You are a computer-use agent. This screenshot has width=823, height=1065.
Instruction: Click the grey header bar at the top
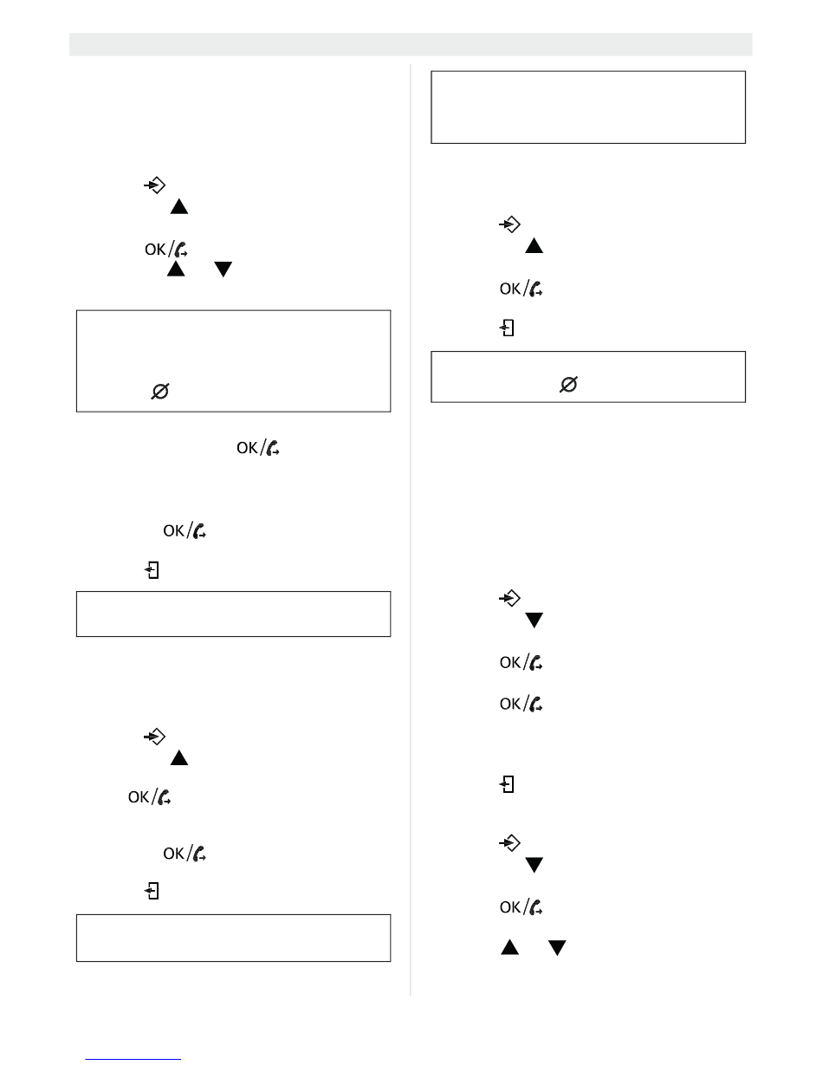click(411, 44)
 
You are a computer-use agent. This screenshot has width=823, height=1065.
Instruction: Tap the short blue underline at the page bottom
click(134, 1058)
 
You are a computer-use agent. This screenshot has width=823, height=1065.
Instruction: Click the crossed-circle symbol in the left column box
click(160, 393)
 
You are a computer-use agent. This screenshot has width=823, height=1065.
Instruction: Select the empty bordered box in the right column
click(588, 107)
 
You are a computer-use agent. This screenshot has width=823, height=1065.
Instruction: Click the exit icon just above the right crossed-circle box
click(508, 329)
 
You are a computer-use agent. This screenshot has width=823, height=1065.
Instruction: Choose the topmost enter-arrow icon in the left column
click(153, 185)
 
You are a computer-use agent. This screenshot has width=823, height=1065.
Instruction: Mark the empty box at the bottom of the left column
click(233, 937)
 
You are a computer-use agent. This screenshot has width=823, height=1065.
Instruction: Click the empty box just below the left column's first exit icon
click(233, 614)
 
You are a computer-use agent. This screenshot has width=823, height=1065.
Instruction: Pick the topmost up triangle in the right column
click(534, 247)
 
